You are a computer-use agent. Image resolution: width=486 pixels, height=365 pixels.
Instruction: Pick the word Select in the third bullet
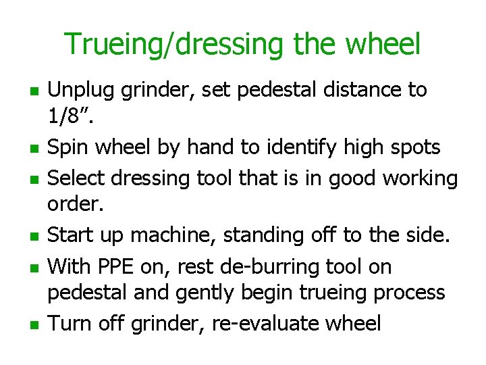80,178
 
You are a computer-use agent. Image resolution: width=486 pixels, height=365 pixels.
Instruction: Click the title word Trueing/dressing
177,45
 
